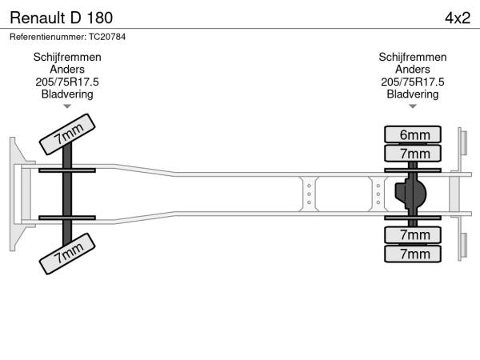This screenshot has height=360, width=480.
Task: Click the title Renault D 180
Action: [62, 17]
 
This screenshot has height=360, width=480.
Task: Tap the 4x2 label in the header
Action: [457, 17]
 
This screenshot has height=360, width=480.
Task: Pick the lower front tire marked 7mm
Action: [68, 256]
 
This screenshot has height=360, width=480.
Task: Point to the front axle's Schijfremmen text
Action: [67, 58]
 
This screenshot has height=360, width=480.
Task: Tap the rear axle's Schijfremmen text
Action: [413, 58]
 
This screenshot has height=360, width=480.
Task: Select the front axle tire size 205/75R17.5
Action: [67, 82]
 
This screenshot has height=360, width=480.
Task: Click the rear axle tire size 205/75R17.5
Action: [413, 82]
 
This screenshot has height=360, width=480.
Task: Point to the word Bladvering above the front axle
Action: [67, 94]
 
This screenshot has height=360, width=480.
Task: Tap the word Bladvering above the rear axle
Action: [413, 94]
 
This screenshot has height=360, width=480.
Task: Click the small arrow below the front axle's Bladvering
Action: [67, 106]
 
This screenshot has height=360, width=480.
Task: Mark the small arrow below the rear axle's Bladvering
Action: [413, 106]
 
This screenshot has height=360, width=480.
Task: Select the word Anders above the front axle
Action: [67, 70]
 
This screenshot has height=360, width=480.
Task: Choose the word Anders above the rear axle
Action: [413, 70]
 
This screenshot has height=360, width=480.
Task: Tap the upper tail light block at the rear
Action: [462, 143]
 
